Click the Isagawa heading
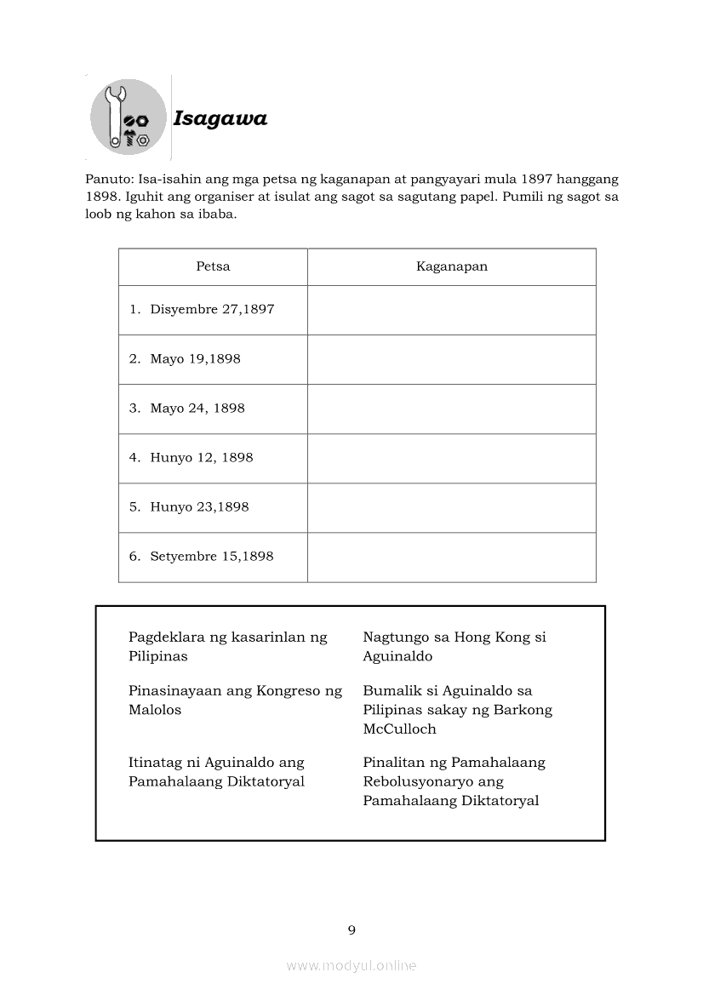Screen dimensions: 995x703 coord(220,118)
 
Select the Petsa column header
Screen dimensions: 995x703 coord(213,266)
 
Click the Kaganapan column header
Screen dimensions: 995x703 coord(451,266)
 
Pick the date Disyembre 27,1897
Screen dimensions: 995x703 coord(212,310)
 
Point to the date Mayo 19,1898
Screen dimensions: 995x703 coord(195,359)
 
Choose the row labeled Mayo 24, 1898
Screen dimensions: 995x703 coord(197,409)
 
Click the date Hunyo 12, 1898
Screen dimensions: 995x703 coord(201,458)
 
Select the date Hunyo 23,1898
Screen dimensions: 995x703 coord(199,507)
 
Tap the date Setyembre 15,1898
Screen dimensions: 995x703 coord(211,557)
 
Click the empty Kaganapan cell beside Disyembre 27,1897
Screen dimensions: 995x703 coord(451,310)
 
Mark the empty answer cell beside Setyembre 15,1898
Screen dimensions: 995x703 coord(451,557)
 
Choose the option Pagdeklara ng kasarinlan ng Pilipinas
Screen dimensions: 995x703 coord(227,647)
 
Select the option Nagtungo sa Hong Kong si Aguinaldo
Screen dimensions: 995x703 coord(454,647)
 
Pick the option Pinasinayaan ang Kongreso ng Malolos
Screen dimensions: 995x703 coord(235,701)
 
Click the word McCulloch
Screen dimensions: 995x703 coord(399,729)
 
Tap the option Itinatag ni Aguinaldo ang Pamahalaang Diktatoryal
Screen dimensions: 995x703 coord(216,772)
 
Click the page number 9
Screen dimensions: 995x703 coord(351,930)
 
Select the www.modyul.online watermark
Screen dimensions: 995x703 coord(351,966)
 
